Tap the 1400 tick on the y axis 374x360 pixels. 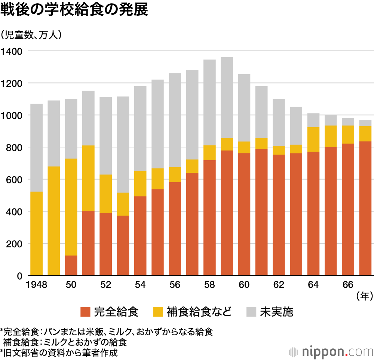tap(12, 51)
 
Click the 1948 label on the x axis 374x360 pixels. tap(36, 285)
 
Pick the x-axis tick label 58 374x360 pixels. tap(209, 285)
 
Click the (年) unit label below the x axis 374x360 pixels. tap(364, 296)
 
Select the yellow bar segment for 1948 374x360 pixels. tap(36, 234)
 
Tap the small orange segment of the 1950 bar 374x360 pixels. tap(71, 265)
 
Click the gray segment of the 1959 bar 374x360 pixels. tap(227, 97)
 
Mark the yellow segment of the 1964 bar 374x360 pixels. tap(313, 139)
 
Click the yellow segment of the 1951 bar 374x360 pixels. tap(88, 178)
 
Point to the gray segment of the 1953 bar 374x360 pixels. tap(123, 144)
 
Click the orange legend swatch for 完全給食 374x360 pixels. tap(86, 311)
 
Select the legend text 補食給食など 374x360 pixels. tap(199, 311)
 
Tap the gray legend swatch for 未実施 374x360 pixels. tap(252, 311)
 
